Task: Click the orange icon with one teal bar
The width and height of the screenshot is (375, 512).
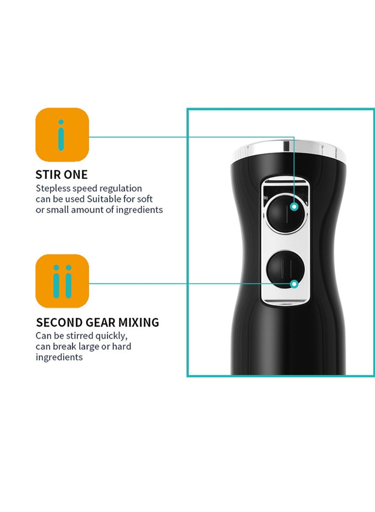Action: tap(62, 135)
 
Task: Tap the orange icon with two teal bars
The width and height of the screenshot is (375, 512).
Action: tap(62, 281)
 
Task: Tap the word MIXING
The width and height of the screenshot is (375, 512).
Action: tap(139, 322)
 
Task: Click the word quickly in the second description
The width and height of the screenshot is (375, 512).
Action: tap(112, 336)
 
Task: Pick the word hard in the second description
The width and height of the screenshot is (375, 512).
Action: tap(121, 346)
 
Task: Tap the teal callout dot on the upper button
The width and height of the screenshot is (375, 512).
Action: tap(294, 206)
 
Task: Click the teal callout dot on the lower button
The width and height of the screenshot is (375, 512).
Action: tap(294, 284)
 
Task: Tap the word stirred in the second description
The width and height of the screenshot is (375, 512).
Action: tap(80, 336)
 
